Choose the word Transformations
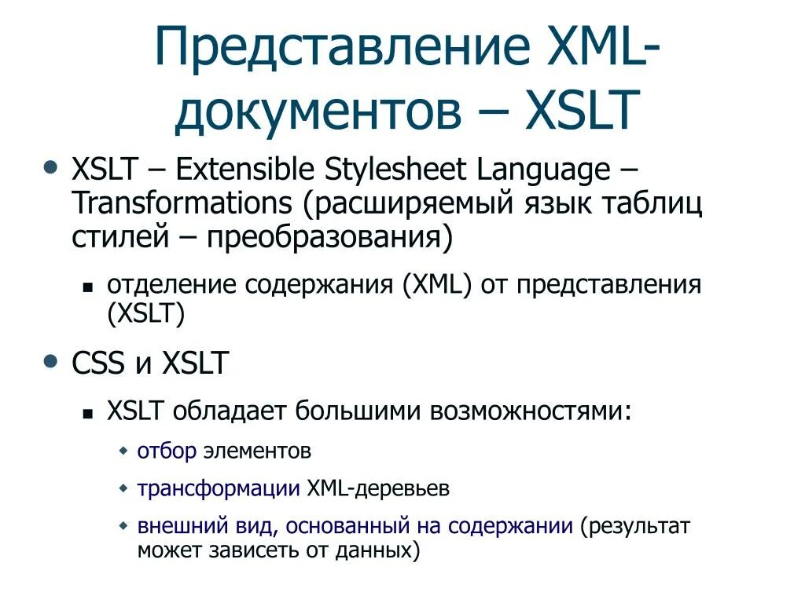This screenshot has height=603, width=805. coord(182,203)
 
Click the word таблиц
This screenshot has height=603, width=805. coord(652,203)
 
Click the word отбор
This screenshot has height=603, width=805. coord(167,451)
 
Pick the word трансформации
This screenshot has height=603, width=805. coord(219,488)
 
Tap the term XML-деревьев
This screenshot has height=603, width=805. coord(378,488)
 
